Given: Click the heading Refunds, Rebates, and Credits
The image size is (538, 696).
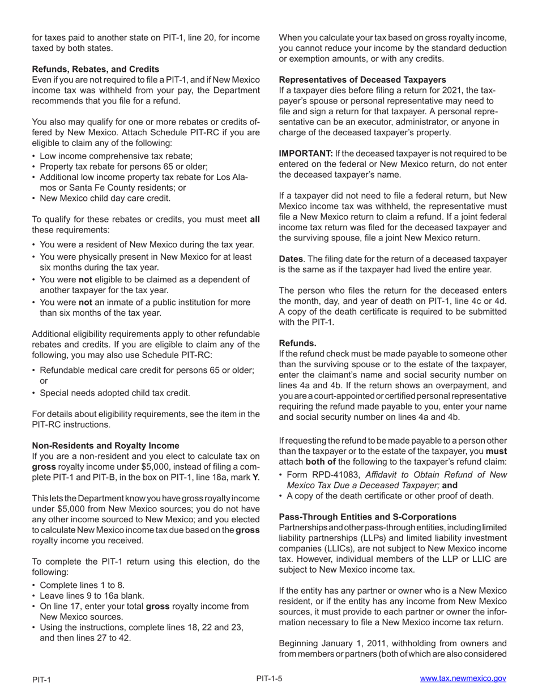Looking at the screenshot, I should click(x=95, y=69).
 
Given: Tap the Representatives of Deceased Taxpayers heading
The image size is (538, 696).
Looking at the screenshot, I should click(x=362, y=80).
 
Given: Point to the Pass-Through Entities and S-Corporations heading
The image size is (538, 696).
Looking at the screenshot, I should click(x=368, y=517).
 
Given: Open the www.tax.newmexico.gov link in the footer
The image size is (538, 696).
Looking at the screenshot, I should click(x=463, y=678).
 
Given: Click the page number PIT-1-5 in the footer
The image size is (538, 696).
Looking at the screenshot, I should click(x=269, y=678).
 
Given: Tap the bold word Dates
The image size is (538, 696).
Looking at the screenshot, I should click(x=291, y=259).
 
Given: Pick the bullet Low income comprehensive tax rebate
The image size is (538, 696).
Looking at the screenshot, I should click(x=116, y=156).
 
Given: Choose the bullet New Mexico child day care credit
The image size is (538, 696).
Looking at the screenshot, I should click(x=105, y=198).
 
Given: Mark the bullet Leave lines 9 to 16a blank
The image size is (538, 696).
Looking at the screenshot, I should click(x=92, y=595).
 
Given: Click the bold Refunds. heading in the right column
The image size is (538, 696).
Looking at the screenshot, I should click(x=298, y=343).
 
